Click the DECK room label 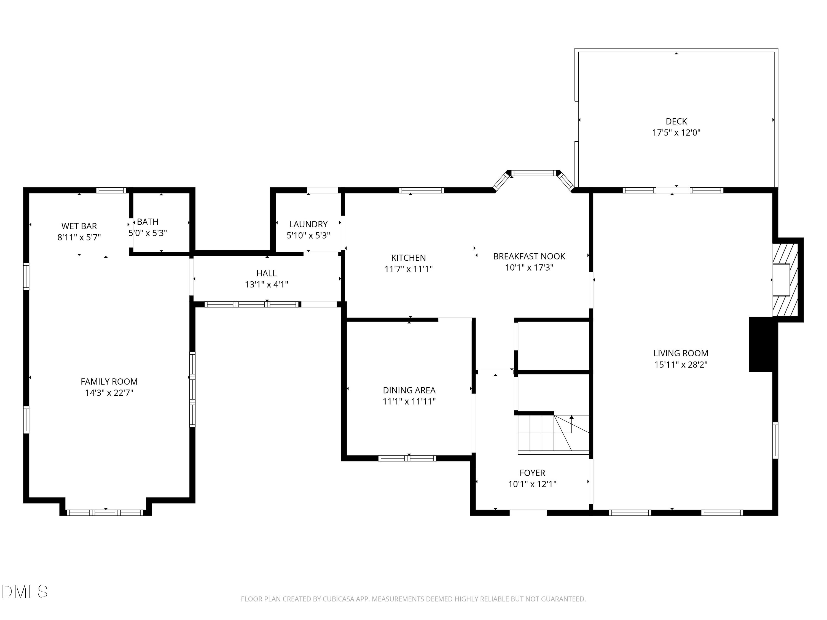(x=676, y=122)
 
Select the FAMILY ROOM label (x=109, y=382)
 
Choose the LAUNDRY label (x=308, y=224)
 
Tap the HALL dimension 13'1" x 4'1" (x=266, y=285)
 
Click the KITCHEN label (x=408, y=258)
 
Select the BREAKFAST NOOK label (x=529, y=256)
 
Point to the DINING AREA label (x=409, y=390)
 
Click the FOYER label (x=532, y=473)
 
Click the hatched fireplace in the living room (x=785, y=280)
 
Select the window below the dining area (x=407, y=458)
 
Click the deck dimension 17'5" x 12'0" (x=676, y=133)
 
